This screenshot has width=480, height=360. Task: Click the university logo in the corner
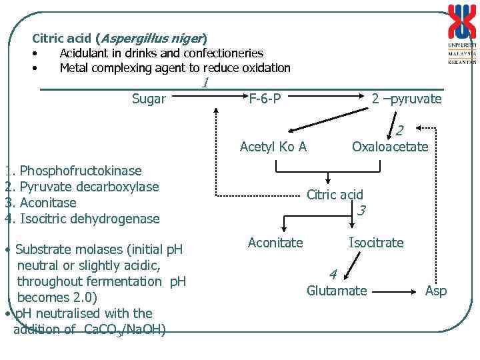coord(461,33)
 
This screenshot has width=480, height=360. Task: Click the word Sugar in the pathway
coord(149,99)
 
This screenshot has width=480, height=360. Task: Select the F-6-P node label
coord(265,99)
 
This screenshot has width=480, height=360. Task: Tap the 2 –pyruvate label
coord(407,99)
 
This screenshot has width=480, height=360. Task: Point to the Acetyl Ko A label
coord(273,147)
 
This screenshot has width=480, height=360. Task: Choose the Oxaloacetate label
coord(390,147)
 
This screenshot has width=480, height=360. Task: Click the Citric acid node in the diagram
coord(335,195)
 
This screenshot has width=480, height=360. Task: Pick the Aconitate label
coord(275,243)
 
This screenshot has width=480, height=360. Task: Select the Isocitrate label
coord(376,243)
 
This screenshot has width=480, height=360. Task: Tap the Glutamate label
coord(337,291)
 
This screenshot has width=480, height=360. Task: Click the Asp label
coord(436,291)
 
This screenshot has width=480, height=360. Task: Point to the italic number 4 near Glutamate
coord(333,274)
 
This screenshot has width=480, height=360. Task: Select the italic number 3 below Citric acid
coord(361,211)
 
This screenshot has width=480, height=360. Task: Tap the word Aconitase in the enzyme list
coord(48,203)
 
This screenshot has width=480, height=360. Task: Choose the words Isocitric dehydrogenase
coord(90,219)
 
